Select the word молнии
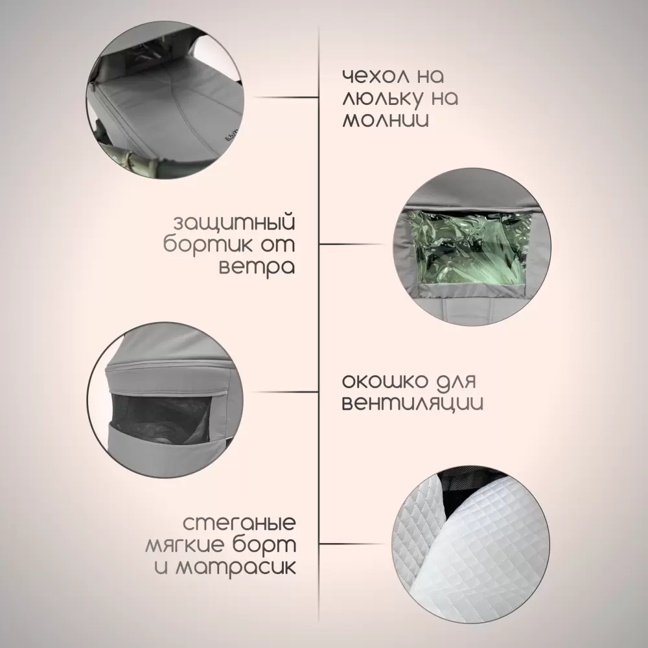[x=385, y=120]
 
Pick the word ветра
[x=256, y=267]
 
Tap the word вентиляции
[x=412, y=403]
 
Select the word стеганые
[x=239, y=523]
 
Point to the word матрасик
[x=236, y=567]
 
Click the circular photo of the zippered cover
[x=165, y=100]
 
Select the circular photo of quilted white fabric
[x=470, y=546]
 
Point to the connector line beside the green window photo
[x=352, y=244]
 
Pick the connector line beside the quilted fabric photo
[x=352, y=544]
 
